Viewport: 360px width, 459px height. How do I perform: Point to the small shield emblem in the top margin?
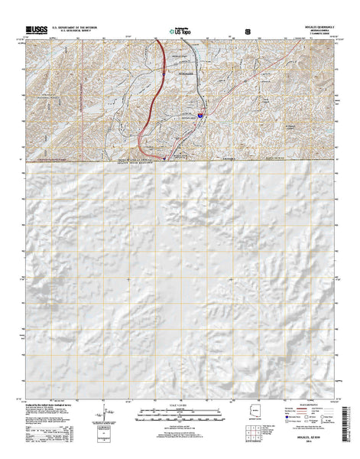tap(246, 32)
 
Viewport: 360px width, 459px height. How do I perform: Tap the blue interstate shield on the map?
tap(200, 116)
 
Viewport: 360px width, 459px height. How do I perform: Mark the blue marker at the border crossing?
tap(166, 159)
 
